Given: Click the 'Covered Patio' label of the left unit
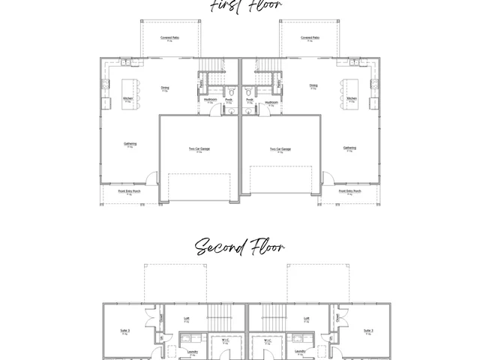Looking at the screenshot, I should point(169,37).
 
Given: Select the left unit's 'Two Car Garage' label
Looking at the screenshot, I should point(199,149).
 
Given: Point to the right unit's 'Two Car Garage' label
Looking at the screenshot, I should point(280,149).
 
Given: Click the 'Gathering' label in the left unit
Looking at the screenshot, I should point(130,144).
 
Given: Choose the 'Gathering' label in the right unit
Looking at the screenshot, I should point(349,148).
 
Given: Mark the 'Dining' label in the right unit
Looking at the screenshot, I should point(313,85).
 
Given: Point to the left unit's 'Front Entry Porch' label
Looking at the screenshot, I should point(129,191).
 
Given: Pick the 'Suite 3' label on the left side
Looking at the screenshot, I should point(124,330).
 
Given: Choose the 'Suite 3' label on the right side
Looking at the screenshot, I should point(368,330).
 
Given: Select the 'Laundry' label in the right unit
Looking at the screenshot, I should point(298,350).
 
